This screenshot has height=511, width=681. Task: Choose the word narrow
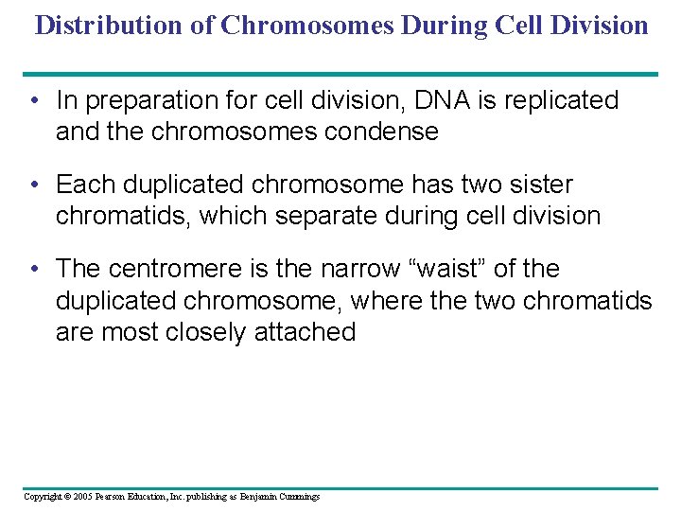360,269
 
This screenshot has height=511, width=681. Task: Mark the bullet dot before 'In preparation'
34,100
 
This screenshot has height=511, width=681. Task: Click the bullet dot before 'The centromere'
34,269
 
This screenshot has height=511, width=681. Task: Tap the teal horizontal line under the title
340,74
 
